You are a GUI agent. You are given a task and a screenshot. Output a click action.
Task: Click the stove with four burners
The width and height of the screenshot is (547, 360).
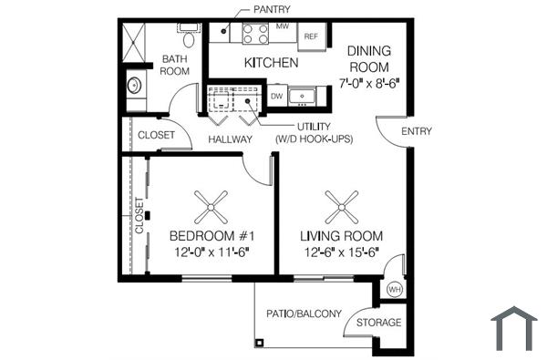(256, 34)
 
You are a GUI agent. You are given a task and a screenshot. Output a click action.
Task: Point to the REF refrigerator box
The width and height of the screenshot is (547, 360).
(310, 36)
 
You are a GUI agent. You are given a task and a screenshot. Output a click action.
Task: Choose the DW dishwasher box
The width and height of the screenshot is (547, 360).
(277, 96)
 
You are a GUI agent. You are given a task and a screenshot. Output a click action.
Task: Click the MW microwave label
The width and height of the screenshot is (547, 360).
(282, 27)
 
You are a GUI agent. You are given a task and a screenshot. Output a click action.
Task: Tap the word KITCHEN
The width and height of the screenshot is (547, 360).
(271, 63)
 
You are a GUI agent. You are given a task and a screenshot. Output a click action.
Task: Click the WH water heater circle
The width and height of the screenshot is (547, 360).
(395, 289)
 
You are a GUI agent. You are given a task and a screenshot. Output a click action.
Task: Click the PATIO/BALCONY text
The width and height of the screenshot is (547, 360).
(304, 314)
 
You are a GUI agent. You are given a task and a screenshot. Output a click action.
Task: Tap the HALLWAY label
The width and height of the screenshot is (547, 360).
(230, 139)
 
